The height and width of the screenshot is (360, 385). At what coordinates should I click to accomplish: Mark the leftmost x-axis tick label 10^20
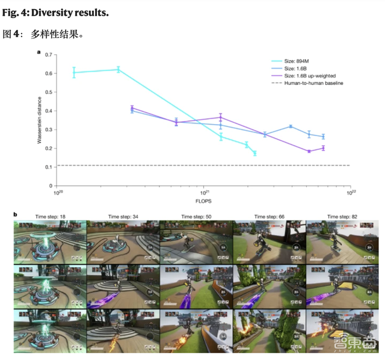click(58, 193)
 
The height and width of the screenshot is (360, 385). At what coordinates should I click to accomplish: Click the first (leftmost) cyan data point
click(74, 72)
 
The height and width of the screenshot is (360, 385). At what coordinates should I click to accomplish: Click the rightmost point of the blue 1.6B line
click(323, 137)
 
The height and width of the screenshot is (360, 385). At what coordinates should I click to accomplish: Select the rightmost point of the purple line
click(323, 148)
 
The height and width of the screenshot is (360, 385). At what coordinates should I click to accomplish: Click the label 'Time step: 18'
click(51, 216)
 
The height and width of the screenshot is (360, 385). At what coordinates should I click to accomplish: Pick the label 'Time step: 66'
click(269, 216)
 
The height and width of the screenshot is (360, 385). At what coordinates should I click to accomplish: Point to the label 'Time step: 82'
click(342, 216)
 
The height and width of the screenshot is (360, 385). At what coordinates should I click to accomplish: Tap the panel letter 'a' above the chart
click(39, 52)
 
